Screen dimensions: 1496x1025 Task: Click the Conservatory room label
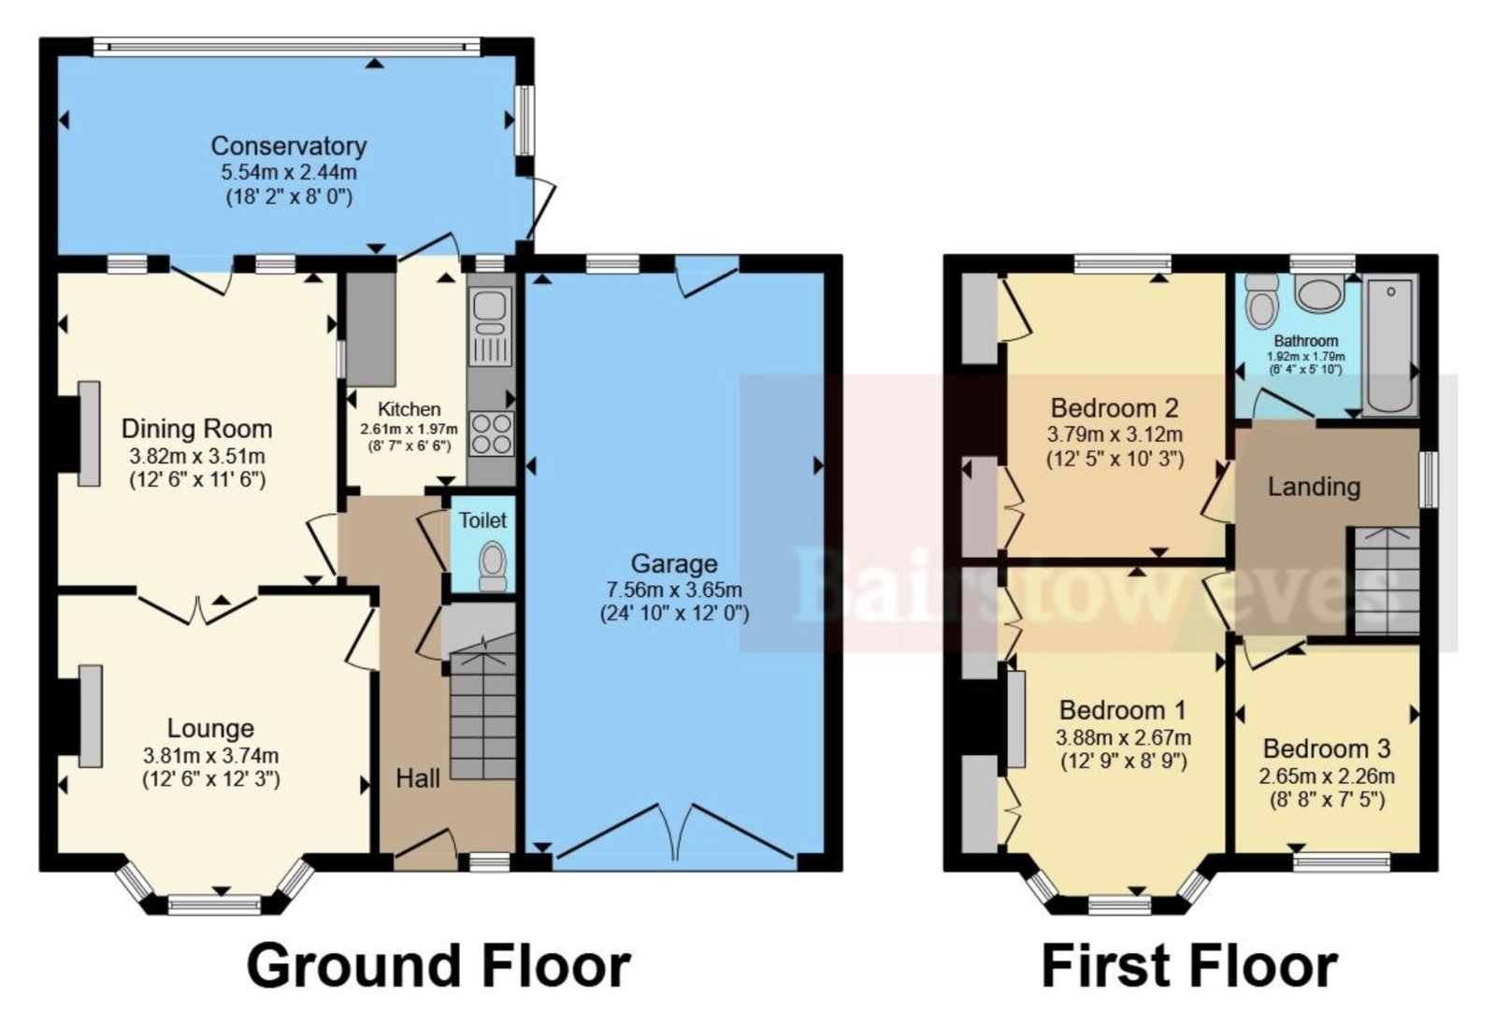[x=289, y=146]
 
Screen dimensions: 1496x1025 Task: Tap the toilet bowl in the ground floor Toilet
[x=494, y=566]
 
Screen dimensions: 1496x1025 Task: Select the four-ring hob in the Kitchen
[x=492, y=434]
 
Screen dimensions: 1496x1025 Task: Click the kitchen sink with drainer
[x=491, y=326]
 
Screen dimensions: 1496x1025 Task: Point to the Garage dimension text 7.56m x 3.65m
[x=674, y=590]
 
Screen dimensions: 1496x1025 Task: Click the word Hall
[x=418, y=778]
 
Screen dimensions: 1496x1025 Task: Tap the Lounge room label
[x=210, y=728]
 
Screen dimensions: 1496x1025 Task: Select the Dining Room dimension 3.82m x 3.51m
[x=197, y=457]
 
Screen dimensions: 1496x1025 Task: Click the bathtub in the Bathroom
[x=1390, y=347]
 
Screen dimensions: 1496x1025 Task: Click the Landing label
[x=1314, y=487]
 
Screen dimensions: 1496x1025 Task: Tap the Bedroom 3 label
[x=1327, y=748]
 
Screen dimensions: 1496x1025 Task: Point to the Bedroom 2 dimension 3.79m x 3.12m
[x=1115, y=435]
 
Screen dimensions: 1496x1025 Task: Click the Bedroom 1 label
[x=1123, y=710]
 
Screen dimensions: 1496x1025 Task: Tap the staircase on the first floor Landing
[x=1387, y=580]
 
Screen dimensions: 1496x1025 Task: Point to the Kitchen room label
[x=410, y=409]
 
